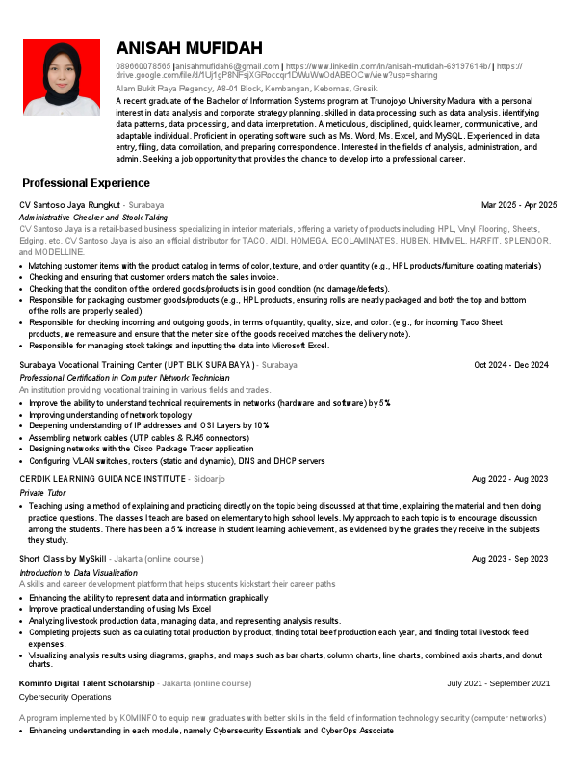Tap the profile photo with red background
(x=61, y=78)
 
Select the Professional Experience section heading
(x=86, y=183)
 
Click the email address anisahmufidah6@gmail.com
(x=226, y=65)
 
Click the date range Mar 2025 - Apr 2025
(x=519, y=205)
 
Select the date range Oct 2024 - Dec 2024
(x=511, y=365)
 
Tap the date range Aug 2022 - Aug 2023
(x=509, y=478)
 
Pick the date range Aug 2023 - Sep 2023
(x=509, y=559)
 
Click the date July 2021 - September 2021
(x=498, y=683)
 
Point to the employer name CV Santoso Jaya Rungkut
(x=69, y=205)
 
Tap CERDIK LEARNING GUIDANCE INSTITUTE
(x=102, y=478)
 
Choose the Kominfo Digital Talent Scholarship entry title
(x=87, y=683)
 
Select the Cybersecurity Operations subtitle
(x=65, y=696)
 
